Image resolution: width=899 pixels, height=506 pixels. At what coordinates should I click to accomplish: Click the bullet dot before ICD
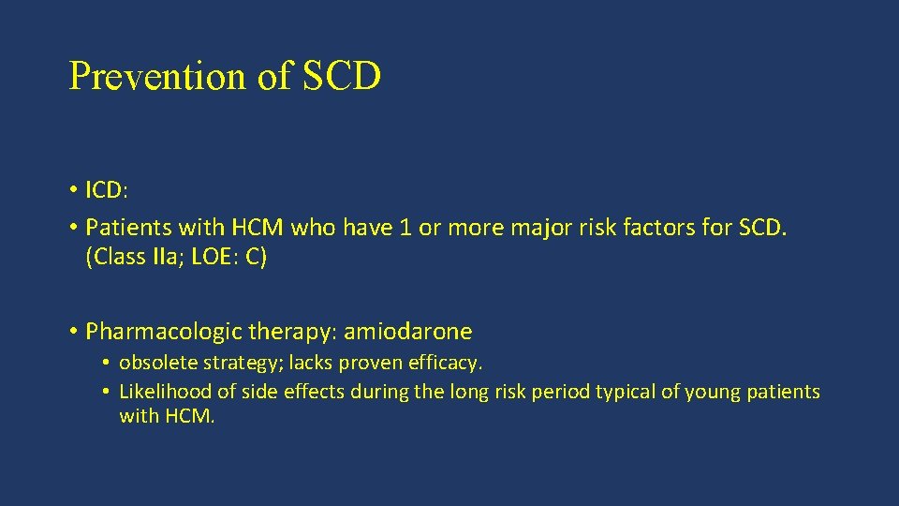point(73,190)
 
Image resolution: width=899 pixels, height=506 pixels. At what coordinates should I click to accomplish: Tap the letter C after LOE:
point(252,258)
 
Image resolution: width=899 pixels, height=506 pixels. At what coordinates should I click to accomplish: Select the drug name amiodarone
point(408,332)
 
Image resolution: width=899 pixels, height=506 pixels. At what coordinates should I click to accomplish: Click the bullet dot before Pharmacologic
point(73,332)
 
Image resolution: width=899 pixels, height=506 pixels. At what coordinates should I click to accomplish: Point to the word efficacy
point(447,362)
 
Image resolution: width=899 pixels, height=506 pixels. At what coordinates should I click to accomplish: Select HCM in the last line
point(191,416)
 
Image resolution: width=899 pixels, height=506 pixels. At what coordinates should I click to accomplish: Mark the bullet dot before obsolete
point(108,363)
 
